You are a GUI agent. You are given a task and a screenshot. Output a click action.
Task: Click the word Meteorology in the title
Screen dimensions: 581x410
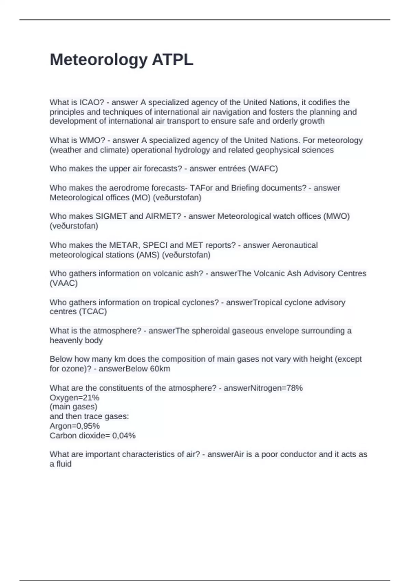click(x=98, y=60)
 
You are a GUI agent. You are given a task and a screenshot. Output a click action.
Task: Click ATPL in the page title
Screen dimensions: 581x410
click(x=173, y=60)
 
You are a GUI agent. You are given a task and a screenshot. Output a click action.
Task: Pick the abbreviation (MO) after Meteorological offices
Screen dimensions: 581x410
click(x=141, y=198)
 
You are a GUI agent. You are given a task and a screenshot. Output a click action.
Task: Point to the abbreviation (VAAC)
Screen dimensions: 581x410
click(x=64, y=283)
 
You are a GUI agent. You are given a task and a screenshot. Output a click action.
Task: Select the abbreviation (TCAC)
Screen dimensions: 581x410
click(x=93, y=311)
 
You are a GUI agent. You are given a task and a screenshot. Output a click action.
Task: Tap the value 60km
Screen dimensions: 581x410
click(x=160, y=369)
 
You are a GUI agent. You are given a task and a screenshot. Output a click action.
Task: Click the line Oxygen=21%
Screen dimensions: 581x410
click(x=74, y=397)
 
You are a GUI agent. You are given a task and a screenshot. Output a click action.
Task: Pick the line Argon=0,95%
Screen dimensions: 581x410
click(x=74, y=426)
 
